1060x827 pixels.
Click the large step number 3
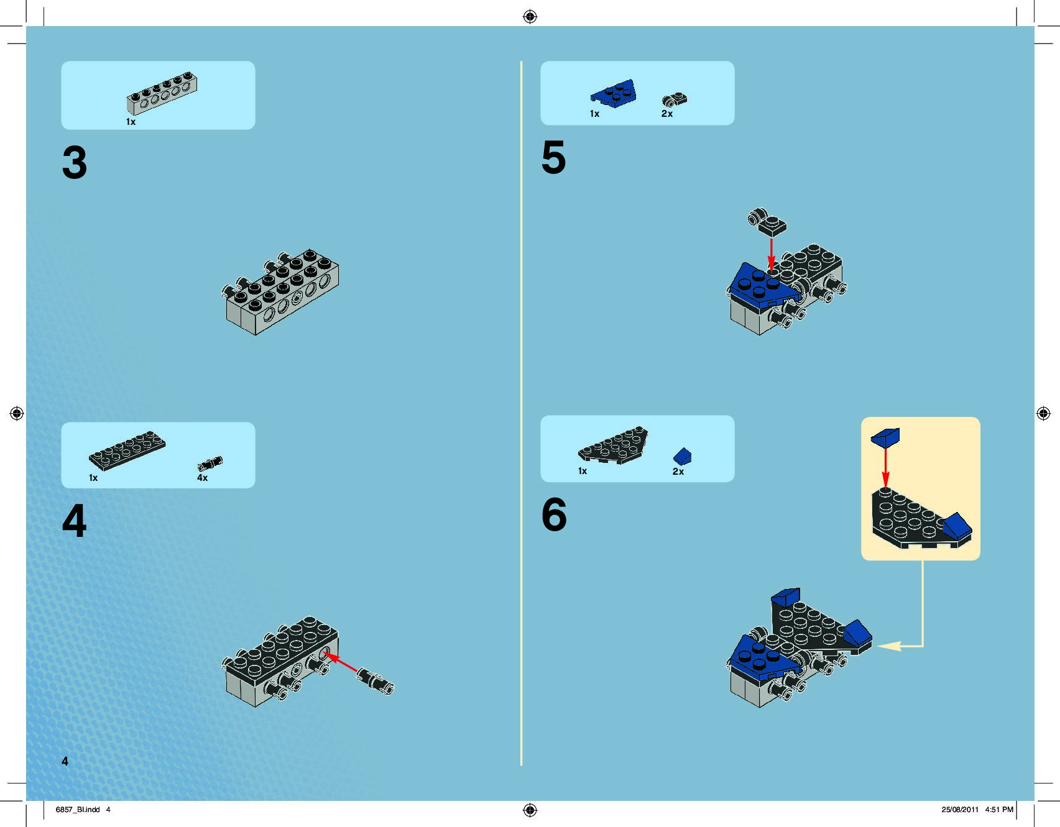[75, 163]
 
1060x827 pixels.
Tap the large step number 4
[74, 521]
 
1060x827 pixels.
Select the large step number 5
[553, 157]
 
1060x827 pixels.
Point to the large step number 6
[554, 514]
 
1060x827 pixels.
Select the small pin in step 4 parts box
[210, 464]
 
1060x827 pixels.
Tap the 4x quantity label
[202, 478]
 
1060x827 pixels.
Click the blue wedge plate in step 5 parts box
[614, 94]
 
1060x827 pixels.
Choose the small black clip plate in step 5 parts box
[675, 99]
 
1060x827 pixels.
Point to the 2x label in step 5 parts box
[667, 114]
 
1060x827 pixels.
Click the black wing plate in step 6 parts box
[613, 445]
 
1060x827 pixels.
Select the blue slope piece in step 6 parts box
[682, 457]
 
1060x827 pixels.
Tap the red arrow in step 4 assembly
[340, 662]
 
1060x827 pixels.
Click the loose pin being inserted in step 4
[375, 680]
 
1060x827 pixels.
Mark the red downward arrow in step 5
[771, 255]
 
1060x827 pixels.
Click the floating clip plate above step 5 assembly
[767, 222]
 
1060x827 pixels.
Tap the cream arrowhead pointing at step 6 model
[889, 646]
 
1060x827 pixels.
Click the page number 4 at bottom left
[65, 761]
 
